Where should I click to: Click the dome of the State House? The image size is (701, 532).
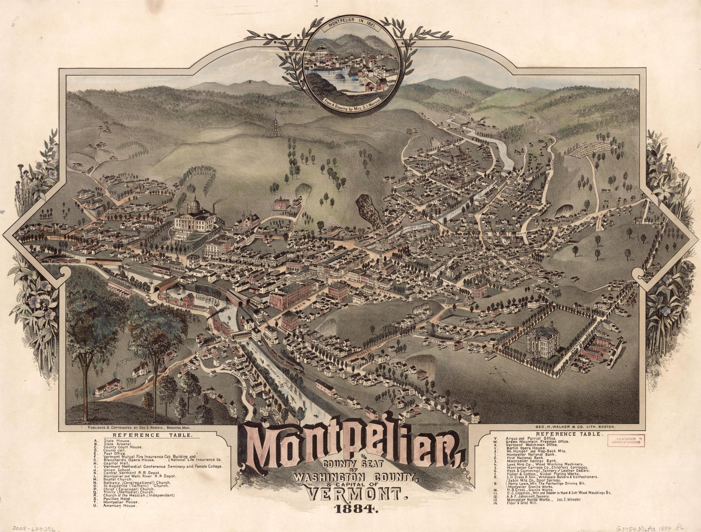pyautogui.click(x=195, y=205)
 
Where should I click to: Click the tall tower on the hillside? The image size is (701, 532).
pyautogui.click(x=275, y=125)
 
